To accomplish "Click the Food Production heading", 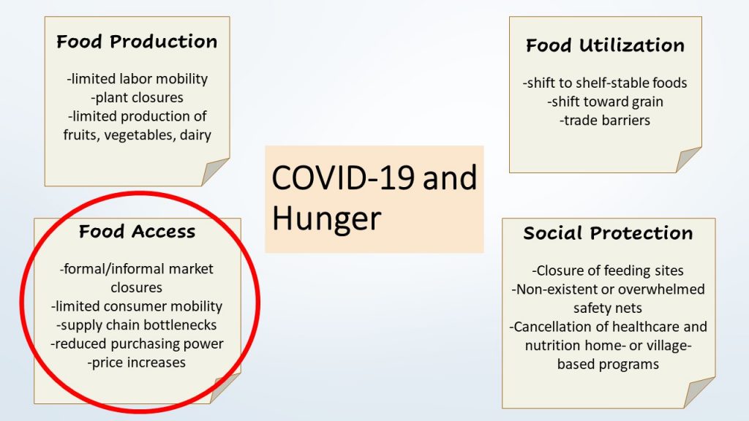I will point(137,42).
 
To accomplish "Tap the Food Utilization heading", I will point(605,45).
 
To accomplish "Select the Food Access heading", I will point(137,232).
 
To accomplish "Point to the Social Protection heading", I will point(608,233).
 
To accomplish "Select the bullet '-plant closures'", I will point(137,97).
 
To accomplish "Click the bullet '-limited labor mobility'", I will point(137,79).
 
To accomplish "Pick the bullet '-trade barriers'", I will point(605,120).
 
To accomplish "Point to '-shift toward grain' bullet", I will point(605,102).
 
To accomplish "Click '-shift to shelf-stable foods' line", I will point(605,83).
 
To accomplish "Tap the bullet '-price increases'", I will point(137,363).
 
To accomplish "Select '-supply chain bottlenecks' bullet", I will point(137,325).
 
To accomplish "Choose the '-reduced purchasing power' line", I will point(137,344).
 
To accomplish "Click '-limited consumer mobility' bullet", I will point(137,306).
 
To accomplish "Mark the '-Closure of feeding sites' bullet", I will point(608,270).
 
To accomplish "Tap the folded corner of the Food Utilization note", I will point(688,160).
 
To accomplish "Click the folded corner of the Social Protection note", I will point(701,393).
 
